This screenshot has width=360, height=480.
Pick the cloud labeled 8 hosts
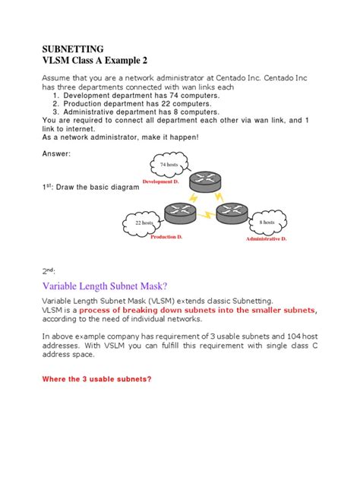(267, 222)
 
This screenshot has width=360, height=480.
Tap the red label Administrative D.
(266, 239)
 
